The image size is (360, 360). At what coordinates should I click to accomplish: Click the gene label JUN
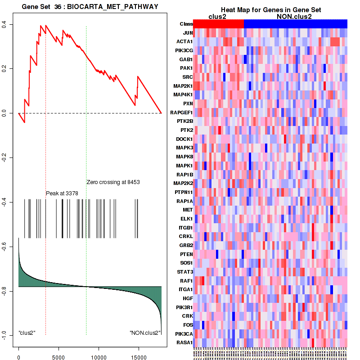(188, 33)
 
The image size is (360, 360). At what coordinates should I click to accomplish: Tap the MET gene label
(188, 210)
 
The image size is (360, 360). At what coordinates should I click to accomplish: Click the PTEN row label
(186, 254)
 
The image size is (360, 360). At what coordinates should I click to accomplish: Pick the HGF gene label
(188, 298)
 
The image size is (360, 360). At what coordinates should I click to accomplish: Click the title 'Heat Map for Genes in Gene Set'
(271, 10)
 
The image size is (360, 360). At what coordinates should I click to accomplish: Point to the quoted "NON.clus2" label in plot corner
(145, 333)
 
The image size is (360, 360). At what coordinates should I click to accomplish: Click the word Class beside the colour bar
(186, 24)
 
